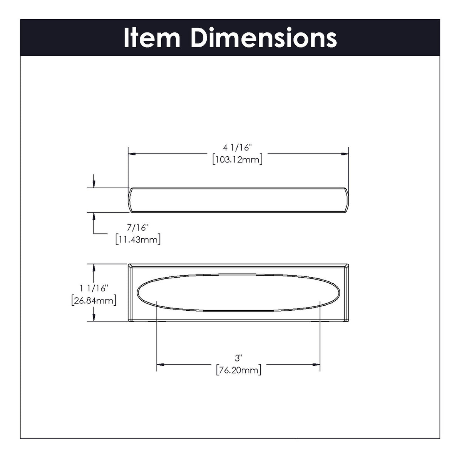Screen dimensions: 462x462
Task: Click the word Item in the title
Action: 152,38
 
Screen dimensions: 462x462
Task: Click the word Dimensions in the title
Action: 264,38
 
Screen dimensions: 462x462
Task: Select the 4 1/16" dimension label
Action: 237,147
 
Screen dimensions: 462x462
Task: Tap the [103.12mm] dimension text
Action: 237,159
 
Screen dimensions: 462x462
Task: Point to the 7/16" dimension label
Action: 137,228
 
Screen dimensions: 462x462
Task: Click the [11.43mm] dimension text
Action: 137,239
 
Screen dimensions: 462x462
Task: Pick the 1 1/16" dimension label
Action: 94,288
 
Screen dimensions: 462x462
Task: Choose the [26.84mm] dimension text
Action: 94,300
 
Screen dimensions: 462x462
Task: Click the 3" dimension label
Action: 239,358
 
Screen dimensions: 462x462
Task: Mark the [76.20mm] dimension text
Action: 239,370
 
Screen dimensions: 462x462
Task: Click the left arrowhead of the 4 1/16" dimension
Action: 132,154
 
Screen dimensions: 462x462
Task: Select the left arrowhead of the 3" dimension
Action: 161,364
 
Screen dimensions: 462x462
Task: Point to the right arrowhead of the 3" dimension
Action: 316,364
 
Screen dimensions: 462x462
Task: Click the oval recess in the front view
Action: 238,293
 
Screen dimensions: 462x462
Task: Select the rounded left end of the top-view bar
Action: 130,200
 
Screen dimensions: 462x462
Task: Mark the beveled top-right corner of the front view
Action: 346,266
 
